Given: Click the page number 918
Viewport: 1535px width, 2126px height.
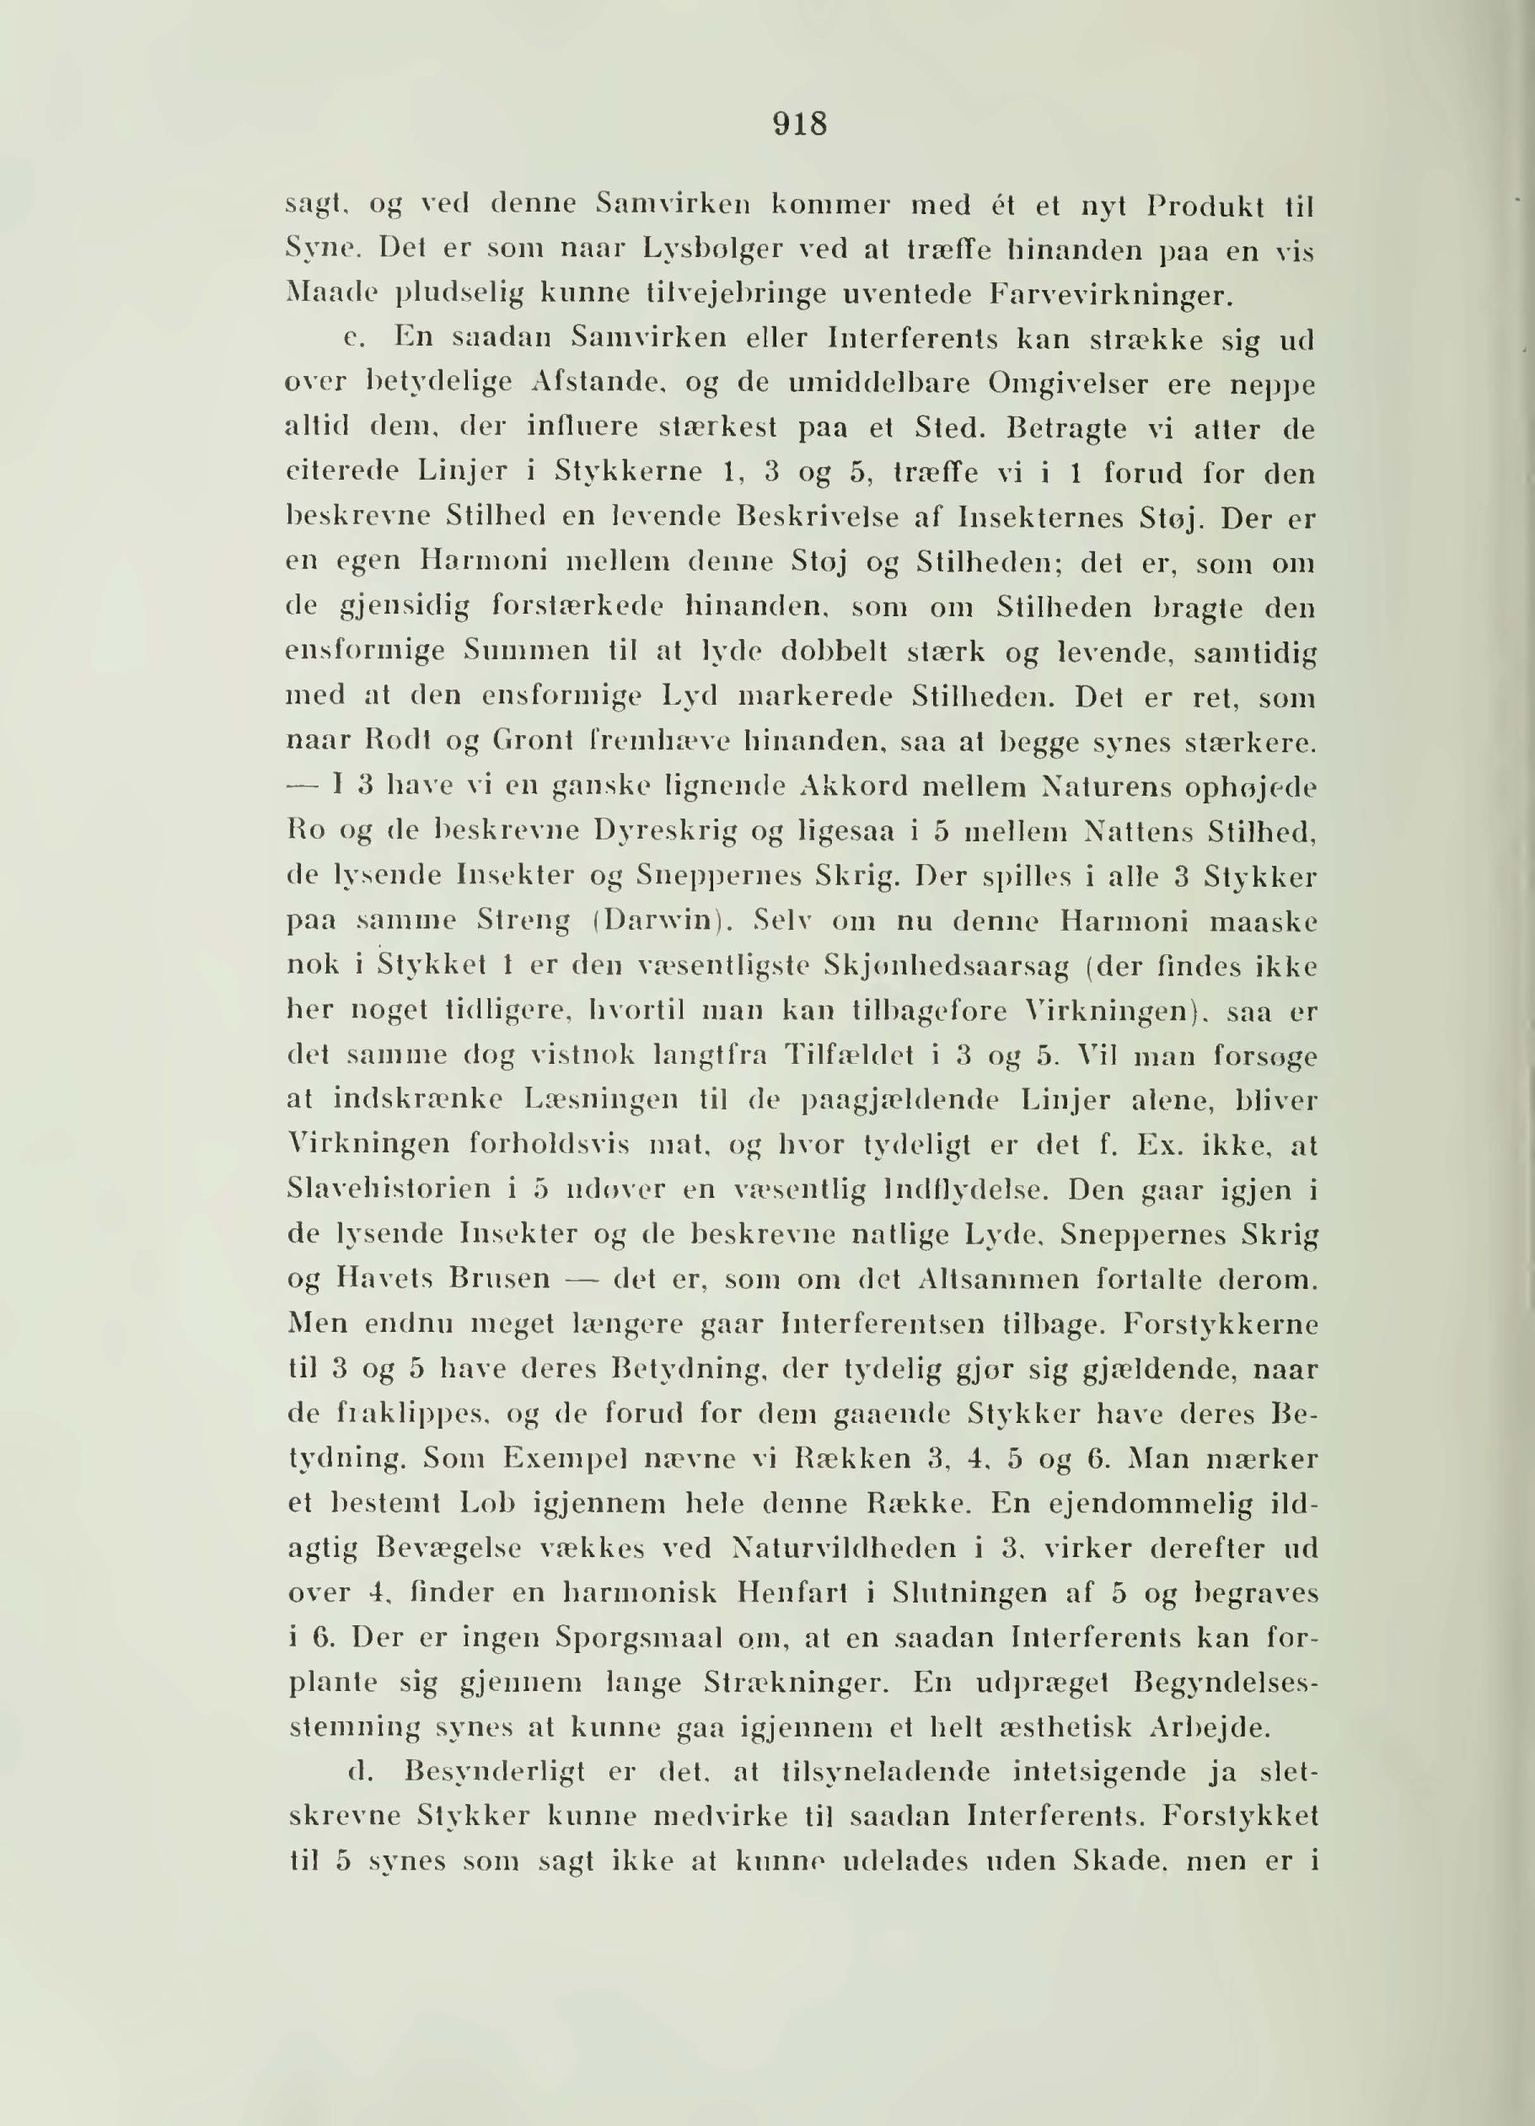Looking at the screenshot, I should pyautogui.click(x=799, y=125).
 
